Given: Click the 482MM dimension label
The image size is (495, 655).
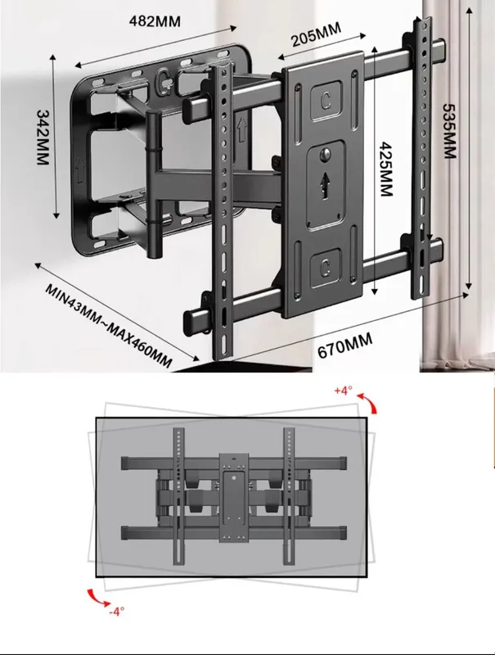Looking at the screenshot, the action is (155, 21).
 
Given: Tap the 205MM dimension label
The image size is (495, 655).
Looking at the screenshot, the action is (316, 34).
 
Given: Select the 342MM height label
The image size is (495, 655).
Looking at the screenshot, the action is (43, 137).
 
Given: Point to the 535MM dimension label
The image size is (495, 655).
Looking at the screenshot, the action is (449, 131).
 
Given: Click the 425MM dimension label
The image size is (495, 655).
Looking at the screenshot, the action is (386, 169).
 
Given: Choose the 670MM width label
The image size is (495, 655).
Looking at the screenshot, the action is (344, 346).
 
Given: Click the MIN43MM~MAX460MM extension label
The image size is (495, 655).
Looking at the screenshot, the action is (108, 326).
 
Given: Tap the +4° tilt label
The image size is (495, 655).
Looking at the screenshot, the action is (344, 391).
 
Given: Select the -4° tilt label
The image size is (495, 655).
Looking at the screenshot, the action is (116, 611).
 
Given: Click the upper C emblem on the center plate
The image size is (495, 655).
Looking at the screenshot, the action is (326, 100).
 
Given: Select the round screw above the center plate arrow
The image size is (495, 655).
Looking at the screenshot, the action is (326, 153).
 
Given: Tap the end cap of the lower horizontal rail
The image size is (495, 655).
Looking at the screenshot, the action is (189, 321).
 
